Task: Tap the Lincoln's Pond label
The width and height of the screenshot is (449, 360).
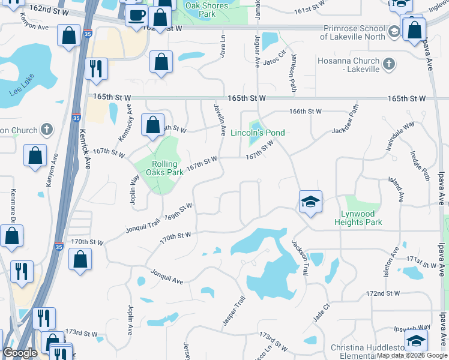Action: click(x=258, y=133)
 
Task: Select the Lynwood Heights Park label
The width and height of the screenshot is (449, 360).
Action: click(x=357, y=218)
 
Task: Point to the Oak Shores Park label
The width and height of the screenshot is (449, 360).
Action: click(x=208, y=9)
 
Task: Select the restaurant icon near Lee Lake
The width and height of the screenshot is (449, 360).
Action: click(x=95, y=69)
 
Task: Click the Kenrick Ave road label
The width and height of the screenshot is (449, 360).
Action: click(x=84, y=149)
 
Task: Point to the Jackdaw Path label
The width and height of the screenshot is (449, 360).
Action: click(x=348, y=120)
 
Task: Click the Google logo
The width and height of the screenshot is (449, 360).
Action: click(x=20, y=353)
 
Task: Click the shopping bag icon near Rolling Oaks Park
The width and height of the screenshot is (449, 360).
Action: click(x=153, y=125)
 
